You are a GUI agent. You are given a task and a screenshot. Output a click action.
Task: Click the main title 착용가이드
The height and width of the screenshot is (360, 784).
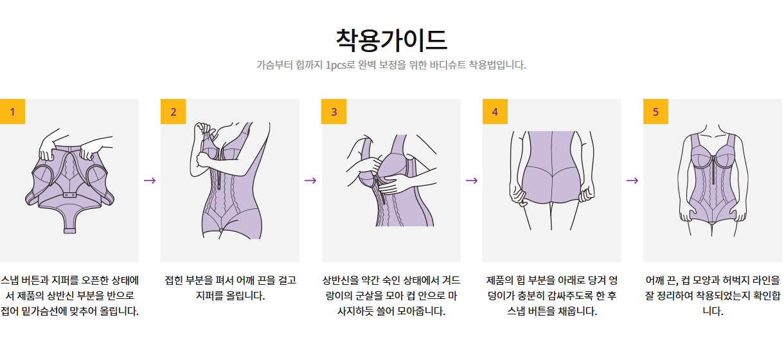point(391,40)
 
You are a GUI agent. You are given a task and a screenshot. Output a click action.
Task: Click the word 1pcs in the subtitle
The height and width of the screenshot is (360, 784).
point(335,65)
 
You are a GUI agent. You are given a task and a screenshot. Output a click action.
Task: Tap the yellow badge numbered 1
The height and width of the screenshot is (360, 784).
point(12,111)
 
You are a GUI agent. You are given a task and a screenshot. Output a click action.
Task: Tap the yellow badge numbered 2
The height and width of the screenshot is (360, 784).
point(173,111)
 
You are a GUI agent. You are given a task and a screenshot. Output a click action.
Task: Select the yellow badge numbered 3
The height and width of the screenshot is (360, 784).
point(334,111)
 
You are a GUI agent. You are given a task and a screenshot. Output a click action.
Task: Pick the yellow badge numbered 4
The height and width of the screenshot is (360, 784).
point(495,111)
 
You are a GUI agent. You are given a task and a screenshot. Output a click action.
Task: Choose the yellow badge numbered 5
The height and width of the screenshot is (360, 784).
point(655,111)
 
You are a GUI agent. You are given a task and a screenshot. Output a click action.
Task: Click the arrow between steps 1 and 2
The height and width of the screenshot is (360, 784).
point(150,181)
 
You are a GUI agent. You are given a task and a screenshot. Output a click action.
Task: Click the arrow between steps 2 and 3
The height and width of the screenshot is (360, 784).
point(310,181)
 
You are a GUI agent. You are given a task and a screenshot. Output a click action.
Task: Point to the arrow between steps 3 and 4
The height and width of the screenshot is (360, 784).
point(472,181)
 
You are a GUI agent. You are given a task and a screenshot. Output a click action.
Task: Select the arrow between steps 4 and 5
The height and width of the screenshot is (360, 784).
point(632,181)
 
